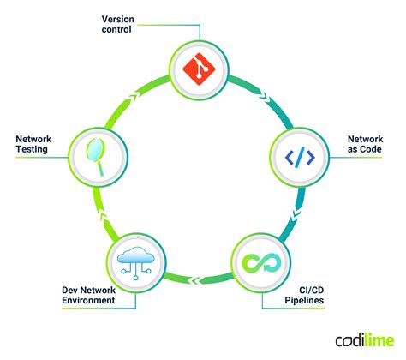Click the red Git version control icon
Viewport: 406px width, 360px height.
pyautogui.click(x=203, y=68)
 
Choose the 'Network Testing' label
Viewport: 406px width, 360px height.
pyautogui.click(x=33, y=142)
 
